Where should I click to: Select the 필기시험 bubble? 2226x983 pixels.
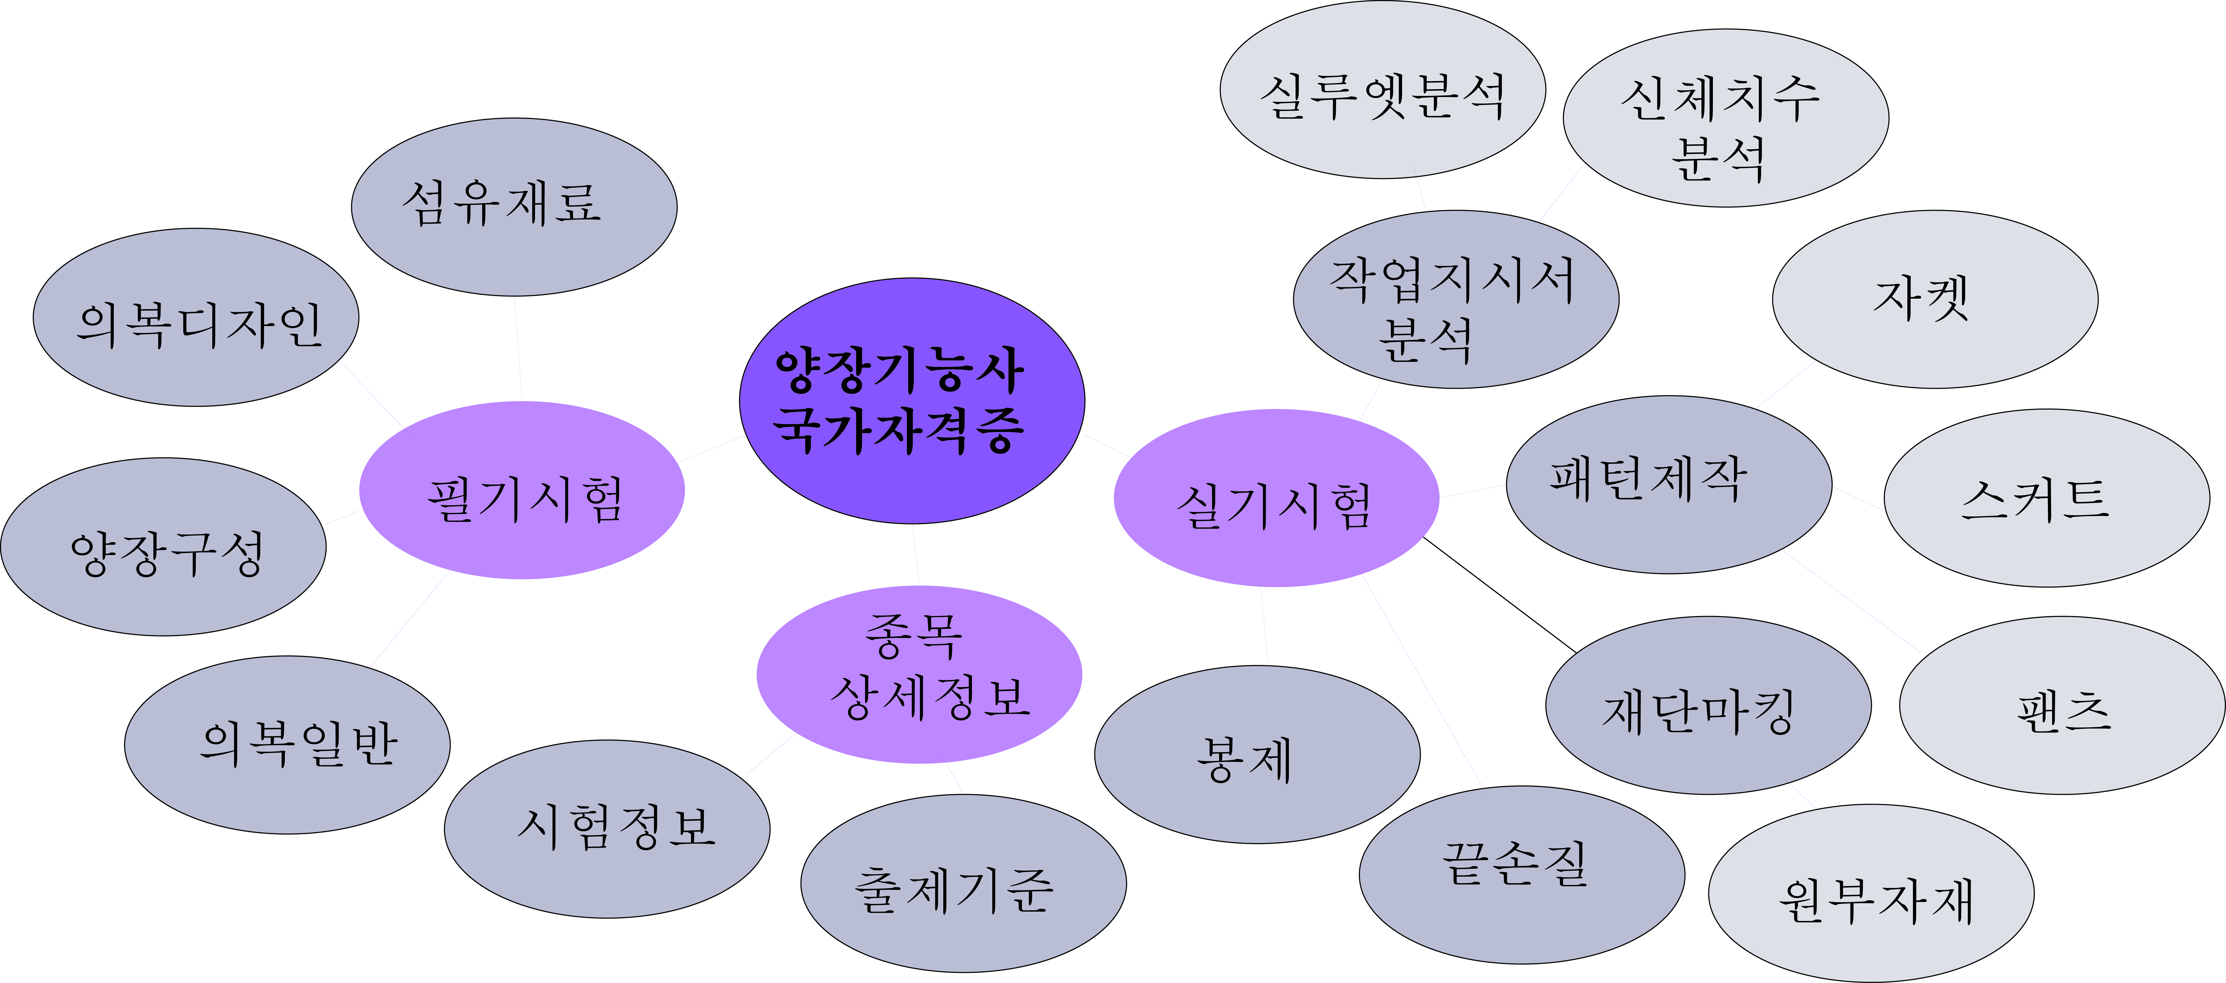pos(522,490)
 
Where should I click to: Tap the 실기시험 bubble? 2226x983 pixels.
pos(1276,498)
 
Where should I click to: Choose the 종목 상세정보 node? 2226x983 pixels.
pos(919,674)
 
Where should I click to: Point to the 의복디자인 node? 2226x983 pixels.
pos(196,317)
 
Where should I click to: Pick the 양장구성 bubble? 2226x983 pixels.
pos(163,547)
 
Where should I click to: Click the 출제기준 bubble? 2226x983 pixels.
pos(964,883)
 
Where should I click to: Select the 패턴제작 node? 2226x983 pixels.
pos(1669,484)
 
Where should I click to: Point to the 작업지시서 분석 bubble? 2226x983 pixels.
pos(1456,299)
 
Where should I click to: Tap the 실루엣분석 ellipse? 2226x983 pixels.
pos(1383,90)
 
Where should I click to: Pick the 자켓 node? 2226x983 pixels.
pos(1935,299)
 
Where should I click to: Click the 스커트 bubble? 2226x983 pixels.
pos(2046,498)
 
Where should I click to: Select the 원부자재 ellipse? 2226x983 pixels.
pos(1871,893)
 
